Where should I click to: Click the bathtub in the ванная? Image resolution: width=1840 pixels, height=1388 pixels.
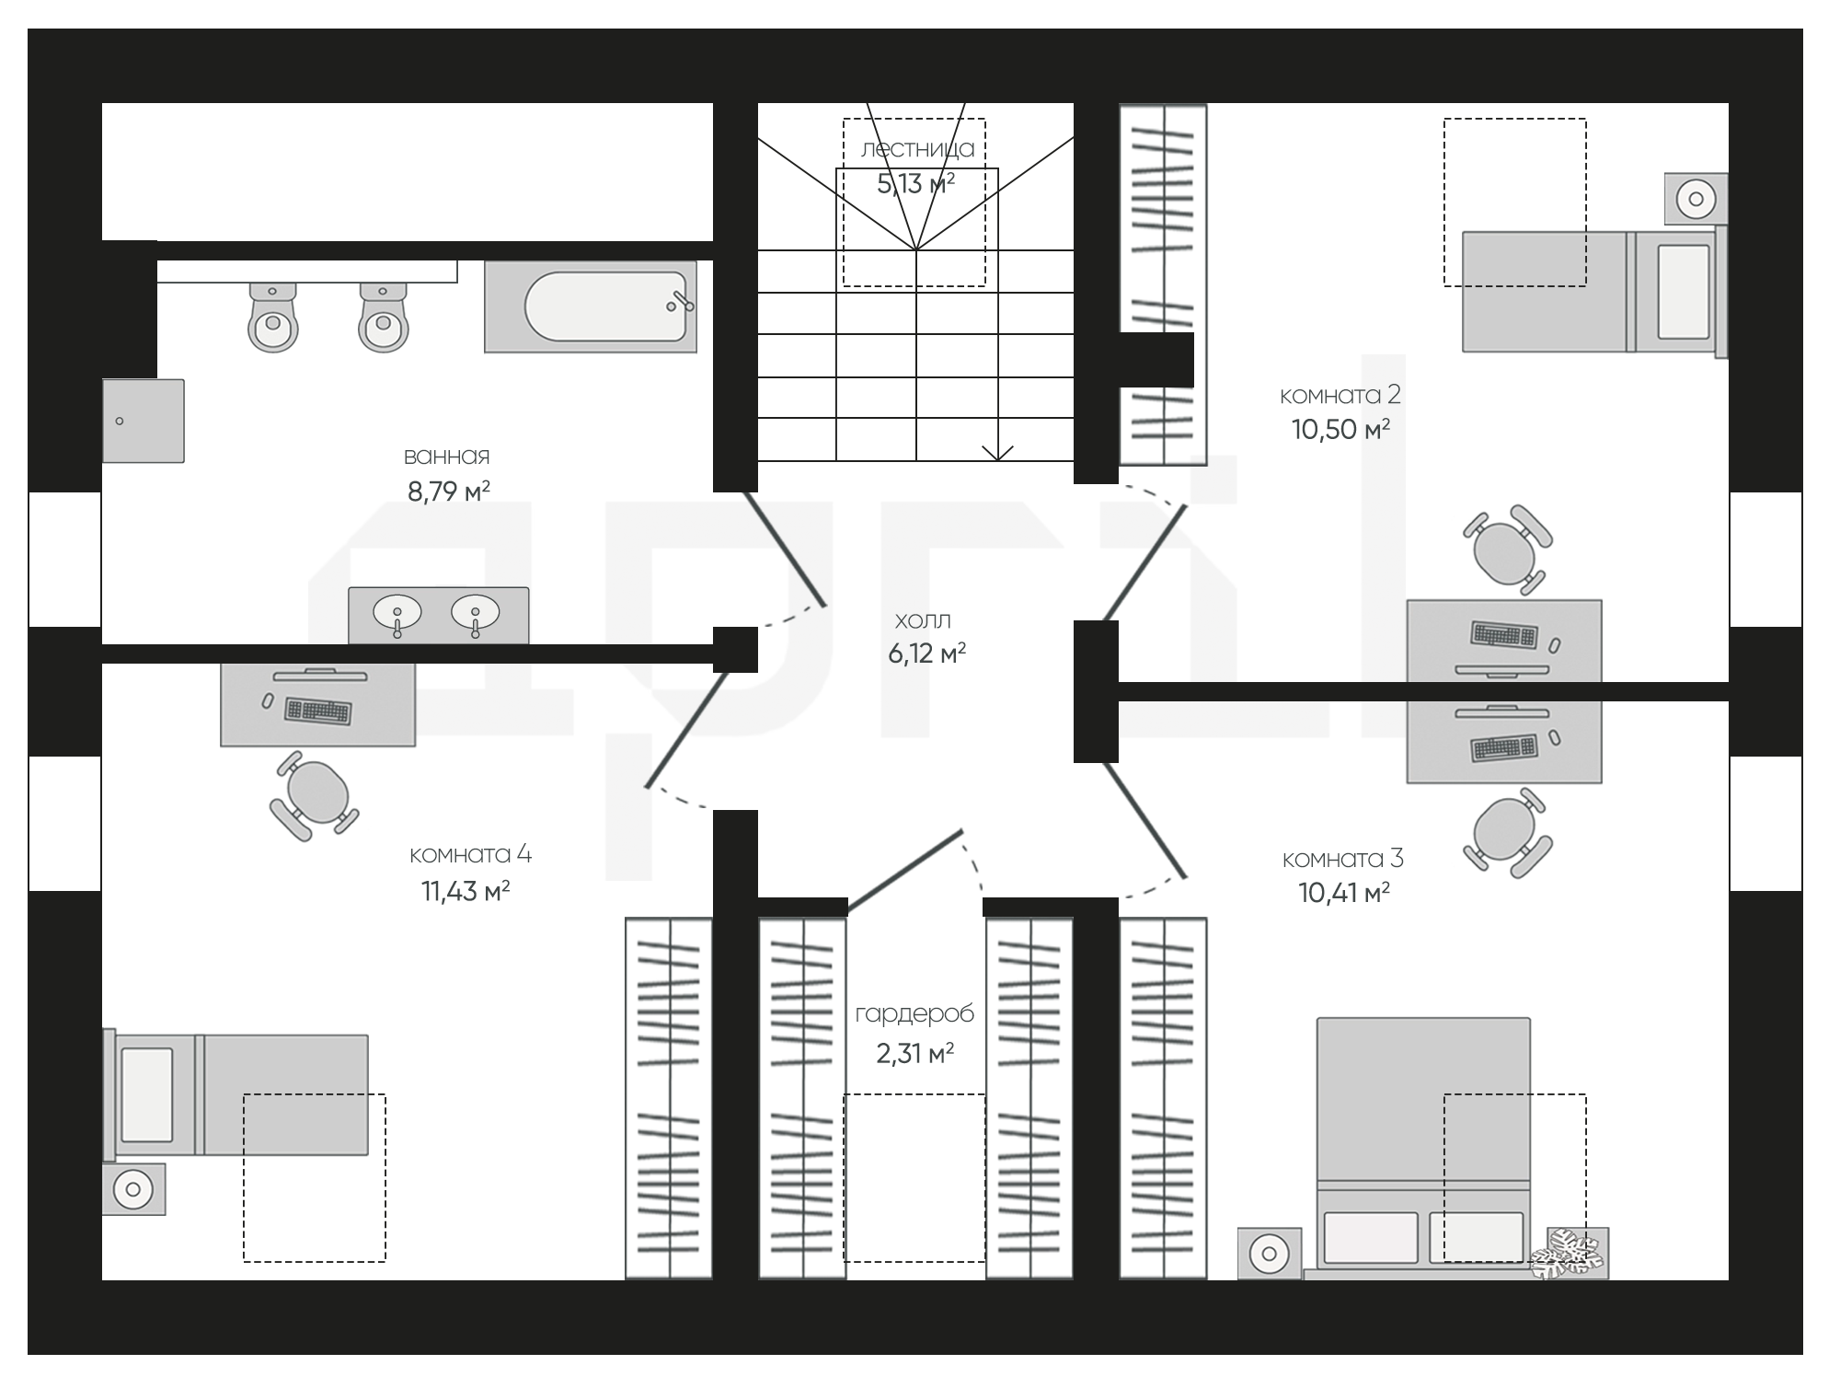[x=591, y=307]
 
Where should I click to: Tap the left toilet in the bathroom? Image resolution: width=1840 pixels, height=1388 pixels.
[x=273, y=317]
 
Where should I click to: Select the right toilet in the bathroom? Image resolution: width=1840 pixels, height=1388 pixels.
[x=383, y=317]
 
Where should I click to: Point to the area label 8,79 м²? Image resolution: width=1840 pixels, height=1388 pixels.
[x=449, y=492]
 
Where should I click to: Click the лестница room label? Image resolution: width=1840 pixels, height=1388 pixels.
[x=917, y=149]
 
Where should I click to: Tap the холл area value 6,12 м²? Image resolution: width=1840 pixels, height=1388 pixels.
[x=926, y=654]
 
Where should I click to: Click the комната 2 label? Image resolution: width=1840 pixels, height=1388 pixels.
[x=1340, y=395]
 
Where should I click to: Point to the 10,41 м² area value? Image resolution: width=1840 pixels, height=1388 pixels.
[x=1343, y=893]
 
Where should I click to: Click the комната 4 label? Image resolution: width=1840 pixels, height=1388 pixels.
[x=470, y=855]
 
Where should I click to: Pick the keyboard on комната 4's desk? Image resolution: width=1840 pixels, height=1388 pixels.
[x=318, y=711]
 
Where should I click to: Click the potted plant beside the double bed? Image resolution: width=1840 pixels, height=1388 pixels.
[x=1570, y=1253]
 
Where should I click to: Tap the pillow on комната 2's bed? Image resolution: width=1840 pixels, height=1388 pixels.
[x=1684, y=292]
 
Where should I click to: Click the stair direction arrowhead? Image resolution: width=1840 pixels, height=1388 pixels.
[x=997, y=453]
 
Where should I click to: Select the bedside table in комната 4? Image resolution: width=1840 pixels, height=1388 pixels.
[x=134, y=1189]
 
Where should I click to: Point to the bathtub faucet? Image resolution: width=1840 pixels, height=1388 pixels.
[x=683, y=302]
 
